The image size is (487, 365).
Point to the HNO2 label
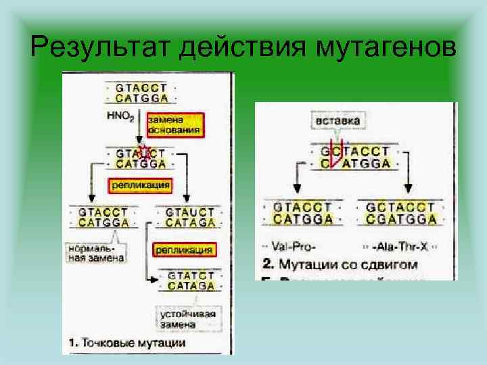pos(120,116)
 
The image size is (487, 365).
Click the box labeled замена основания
pos(174,124)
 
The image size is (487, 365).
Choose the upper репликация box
pos(139,184)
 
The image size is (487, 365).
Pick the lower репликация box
pos(184,249)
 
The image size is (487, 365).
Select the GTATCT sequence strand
pos(190,276)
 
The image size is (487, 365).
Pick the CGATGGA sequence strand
pos(400,219)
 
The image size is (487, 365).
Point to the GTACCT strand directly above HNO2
pos(141,88)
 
